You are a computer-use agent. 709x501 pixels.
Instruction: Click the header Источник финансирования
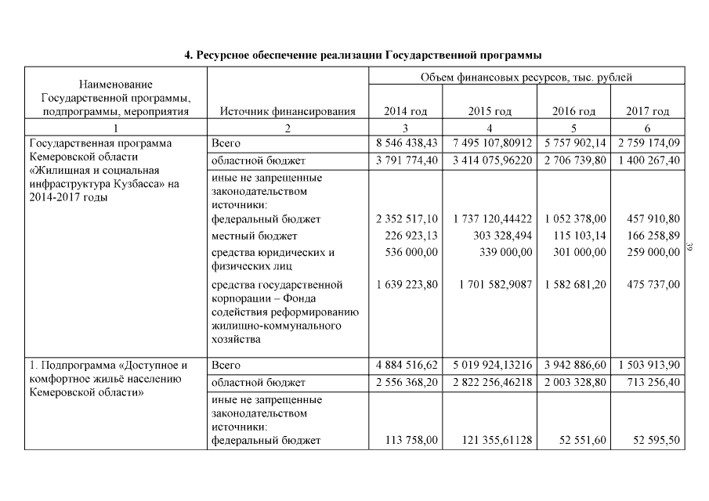click(x=288, y=111)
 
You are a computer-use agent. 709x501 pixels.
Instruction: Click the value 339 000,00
click(x=506, y=252)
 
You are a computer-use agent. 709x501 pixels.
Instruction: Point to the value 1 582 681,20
click(x=574, y=285)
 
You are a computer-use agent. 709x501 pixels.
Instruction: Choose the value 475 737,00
click(x=654, y=285)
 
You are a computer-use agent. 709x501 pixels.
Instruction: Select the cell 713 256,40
click(x=654, y=382)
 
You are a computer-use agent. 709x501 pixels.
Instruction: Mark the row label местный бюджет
click(x=244, y=236)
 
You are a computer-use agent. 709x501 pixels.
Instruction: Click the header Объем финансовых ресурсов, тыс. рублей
click(x=526, y=77)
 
